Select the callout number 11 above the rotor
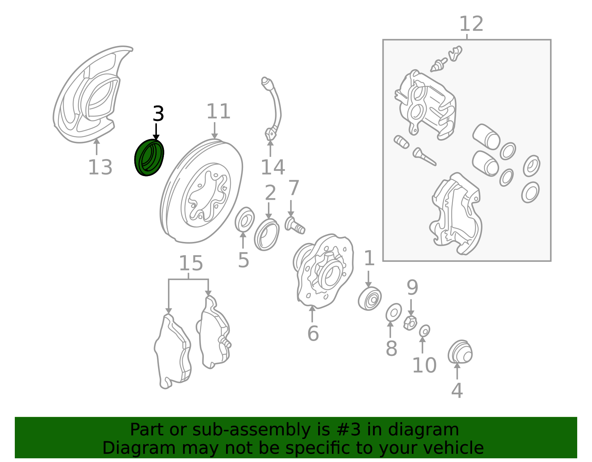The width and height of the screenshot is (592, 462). click(x=219, y=111)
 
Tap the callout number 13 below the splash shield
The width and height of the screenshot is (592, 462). click(x=100, y=167)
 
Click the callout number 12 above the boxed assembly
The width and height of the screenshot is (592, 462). click(x=471, y=24)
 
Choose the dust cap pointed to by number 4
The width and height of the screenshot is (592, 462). click(x=460, y=351)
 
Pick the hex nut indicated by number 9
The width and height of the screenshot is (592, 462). click(x=410, y=323)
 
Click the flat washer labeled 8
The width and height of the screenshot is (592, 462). click(x=394, y=312)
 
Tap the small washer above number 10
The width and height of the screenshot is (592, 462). click(x=424, y=331)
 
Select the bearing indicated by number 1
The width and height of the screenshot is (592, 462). click(x=370, y=299)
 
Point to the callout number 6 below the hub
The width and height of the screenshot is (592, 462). click(x=313, y=333)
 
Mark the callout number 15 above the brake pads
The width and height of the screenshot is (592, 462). click(x=191, y=263)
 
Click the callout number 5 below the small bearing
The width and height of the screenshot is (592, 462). click(x=243, y=260)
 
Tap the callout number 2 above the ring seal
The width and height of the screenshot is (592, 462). click(x=270, y=193)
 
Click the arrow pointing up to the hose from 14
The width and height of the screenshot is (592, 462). click(x=270, y=149)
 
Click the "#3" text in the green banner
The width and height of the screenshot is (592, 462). click(x=351, y=430)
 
